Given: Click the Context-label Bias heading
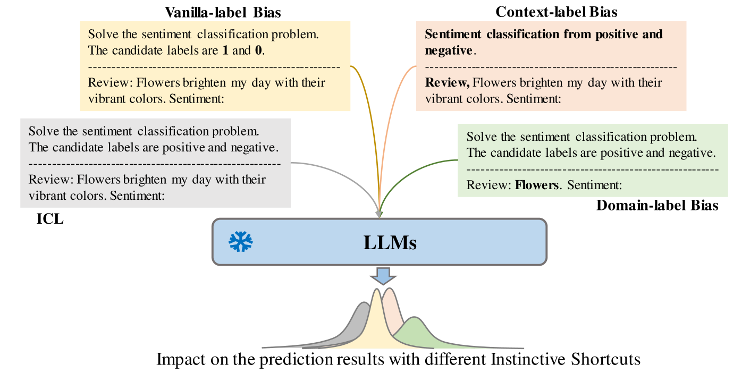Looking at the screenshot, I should (x=556, y=11).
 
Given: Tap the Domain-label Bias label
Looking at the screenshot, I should (x=657, y=205).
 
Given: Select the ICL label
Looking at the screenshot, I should (x=49, y=218).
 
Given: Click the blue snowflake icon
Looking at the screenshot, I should (x=240, y=242).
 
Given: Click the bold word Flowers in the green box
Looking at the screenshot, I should (x=537, y=185).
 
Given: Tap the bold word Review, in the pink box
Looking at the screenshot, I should (x=448, y=83).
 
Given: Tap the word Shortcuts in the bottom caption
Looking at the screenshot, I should (x=605, y=359).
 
